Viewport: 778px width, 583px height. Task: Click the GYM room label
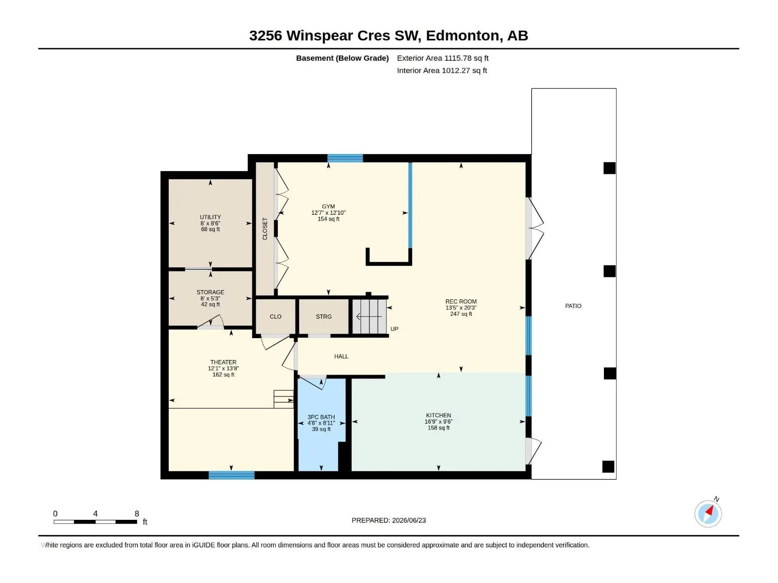[328, 206]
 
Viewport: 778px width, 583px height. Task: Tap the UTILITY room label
[210, 217]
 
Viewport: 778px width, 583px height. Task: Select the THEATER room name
[223, 362]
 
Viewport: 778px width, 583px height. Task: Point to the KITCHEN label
[439, 415]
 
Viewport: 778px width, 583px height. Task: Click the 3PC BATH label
[321, 417]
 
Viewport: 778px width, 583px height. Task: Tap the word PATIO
[573, 306]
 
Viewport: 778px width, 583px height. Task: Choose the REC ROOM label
[461, 302]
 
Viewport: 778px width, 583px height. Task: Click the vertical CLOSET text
[265, 229]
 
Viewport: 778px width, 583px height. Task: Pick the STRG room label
[324, 316]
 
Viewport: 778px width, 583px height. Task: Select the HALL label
[341, 356]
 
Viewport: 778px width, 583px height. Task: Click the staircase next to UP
[370, 316]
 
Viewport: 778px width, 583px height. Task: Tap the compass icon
[708, 514]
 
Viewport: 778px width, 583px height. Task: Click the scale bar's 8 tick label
[137, 514]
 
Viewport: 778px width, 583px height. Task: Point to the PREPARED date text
[389, 520]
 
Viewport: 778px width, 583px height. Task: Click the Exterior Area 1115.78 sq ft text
[442, 58]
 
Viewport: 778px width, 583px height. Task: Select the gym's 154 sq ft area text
[328, 219]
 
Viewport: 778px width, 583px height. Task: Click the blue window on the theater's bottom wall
[231, 475]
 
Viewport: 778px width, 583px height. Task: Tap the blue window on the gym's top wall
[345, 158]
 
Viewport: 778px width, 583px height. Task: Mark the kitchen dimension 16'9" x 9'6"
[439, 422]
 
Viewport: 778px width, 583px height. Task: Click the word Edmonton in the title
[462, 35]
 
